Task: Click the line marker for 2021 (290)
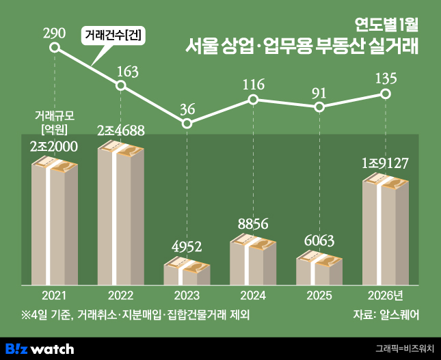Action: pyautogui.click(x=55, y=49)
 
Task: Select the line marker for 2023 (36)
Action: pyautogui.click(x=187, y=124)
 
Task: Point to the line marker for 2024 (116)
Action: pyautogui.click(x=253, y=100)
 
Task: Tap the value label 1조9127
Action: pyautogui.click(x=386, y=164)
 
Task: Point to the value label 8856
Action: pyautogui.click(x=253, y=223)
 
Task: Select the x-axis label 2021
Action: pyautogui.click(x=55, y=295)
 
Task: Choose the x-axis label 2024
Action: pyautogui.click(x=253, y=295)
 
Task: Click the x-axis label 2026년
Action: pyautogui.click(x=386, y=295)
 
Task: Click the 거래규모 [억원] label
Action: pyautogui.click(x=54, y=122)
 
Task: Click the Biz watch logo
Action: pyautogui.click(x=40, y=348)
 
